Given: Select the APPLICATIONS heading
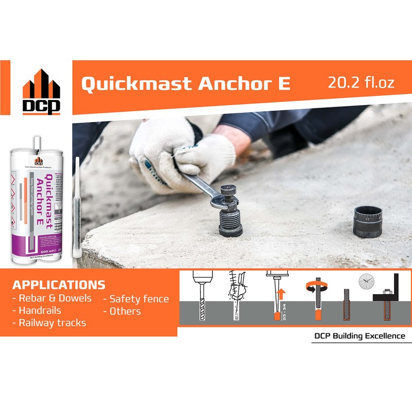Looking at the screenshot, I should [59, 285].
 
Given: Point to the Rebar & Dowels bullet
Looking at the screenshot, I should [52, 298].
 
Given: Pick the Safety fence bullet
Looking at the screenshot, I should [136, 299].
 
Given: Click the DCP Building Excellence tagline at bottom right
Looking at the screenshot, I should [359, 336].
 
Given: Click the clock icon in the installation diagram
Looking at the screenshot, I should [366, 281].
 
